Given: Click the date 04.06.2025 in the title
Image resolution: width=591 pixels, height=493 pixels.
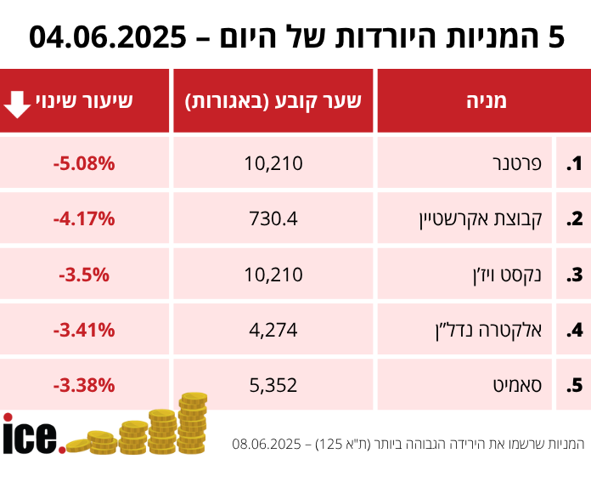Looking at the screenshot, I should tap(108, 37).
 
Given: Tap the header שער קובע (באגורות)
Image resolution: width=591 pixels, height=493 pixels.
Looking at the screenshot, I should tap(273, 101).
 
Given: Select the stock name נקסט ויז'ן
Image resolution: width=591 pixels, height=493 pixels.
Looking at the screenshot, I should tap(506, 275).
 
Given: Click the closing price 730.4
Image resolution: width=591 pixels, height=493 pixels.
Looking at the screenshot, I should tap(273, 218).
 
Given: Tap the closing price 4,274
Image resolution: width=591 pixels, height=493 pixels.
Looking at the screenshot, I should tap(273, 330).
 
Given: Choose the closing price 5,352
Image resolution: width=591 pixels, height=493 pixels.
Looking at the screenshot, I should tap(273, 385).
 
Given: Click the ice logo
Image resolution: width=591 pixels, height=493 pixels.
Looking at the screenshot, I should tap(32, 434).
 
